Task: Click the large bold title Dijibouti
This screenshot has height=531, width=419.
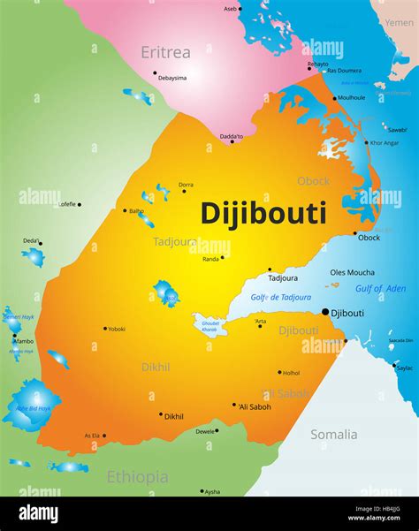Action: click(263, 213)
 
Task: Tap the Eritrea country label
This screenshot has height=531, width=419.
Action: click(165, 53)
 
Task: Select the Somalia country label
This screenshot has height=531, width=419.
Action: click(333, 434)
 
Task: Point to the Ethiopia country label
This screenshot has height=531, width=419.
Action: click(137, 477)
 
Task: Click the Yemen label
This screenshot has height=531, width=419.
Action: click(398, 22)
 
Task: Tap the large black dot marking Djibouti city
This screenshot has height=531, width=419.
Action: click(325, 312)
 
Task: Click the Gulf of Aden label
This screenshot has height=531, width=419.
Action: click(380, 289)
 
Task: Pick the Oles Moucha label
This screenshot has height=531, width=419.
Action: click(352, 272)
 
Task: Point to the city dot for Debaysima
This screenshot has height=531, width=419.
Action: click(155, 73)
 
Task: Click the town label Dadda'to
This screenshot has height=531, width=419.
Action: click(232, 135)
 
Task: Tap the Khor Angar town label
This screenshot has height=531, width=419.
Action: click(384, 142)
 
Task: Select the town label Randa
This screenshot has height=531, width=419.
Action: click(210, 259)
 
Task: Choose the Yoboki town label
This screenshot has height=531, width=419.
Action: click(116, 329)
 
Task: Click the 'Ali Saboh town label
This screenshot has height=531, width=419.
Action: click(255, 406)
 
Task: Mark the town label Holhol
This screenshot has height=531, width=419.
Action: click(291, 373)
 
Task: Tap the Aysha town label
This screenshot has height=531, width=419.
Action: click(212, 491)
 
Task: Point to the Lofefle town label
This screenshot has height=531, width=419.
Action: click(66, 204)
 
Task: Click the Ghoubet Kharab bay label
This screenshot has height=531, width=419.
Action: click(210, 326)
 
